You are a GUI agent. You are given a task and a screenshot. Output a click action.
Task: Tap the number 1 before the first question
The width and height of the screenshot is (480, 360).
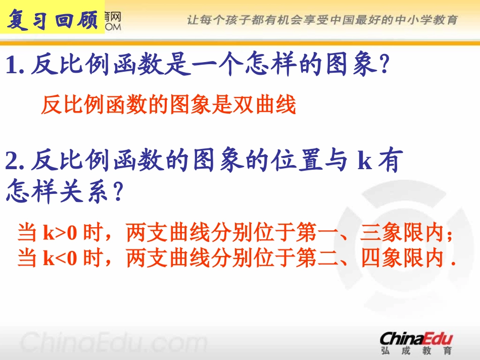(12, 66)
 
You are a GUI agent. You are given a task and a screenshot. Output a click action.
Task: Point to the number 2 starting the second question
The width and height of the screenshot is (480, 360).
(13, 162)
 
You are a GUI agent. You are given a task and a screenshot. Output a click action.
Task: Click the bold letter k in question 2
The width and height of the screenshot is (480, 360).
(365, 163)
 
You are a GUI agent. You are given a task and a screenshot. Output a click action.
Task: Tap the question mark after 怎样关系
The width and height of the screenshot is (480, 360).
(117, 193)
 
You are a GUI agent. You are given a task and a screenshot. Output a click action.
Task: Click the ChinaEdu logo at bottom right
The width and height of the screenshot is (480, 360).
(416, 338)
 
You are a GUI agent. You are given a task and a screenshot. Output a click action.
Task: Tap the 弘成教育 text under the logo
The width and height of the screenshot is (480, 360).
(416, 350)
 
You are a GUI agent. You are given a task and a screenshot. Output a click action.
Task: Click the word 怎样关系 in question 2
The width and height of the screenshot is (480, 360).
(56, 193)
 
